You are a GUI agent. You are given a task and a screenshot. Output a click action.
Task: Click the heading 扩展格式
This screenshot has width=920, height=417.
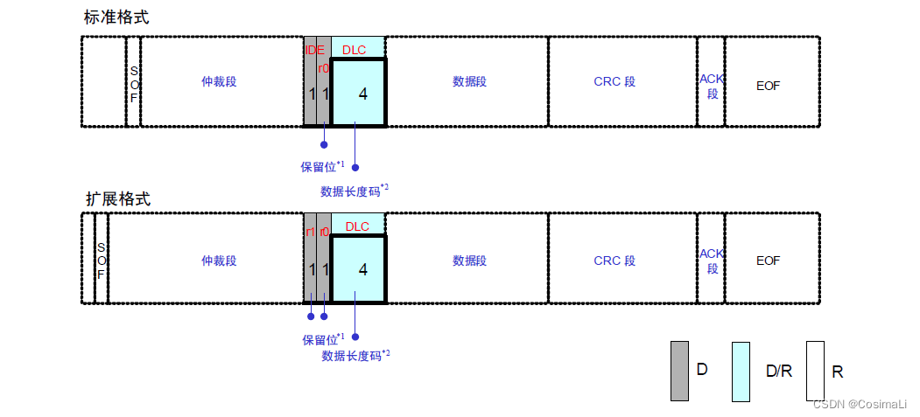point(117,198)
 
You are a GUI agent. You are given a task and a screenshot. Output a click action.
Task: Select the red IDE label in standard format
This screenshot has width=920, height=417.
point(314,50)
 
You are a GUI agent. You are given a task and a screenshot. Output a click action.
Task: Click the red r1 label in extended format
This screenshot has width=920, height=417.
point(310,232)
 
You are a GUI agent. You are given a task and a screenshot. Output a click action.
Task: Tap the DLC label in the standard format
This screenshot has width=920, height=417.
point(355,50)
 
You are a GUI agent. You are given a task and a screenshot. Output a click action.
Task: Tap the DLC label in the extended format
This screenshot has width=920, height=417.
point(357,226)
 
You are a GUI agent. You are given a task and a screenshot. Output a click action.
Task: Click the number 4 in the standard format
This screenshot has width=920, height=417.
point(362,93)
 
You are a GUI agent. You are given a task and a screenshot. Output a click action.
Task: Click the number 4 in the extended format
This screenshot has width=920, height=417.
point(362,269)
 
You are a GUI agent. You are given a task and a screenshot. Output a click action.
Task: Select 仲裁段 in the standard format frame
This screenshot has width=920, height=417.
point(219,81)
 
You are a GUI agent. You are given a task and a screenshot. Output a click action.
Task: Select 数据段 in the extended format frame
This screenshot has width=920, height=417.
point(469,261)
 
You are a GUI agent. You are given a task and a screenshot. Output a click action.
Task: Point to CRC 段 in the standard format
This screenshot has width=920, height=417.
point(615,81)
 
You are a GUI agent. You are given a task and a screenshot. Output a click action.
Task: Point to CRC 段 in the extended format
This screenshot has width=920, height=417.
point(615,261)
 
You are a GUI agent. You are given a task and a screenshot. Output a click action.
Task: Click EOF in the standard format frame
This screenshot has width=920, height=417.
point(768,86)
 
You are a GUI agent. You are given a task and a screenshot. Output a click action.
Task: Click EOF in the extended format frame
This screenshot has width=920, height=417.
point(768,261)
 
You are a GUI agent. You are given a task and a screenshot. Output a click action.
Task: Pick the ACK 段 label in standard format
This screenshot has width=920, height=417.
point(712,86)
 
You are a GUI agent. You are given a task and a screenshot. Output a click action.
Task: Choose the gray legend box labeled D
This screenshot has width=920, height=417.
point(679,371)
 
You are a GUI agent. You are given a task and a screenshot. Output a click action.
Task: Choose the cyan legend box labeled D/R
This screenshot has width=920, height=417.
point(741,371)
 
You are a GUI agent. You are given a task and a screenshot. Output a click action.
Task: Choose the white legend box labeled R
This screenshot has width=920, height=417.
point(815,371)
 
